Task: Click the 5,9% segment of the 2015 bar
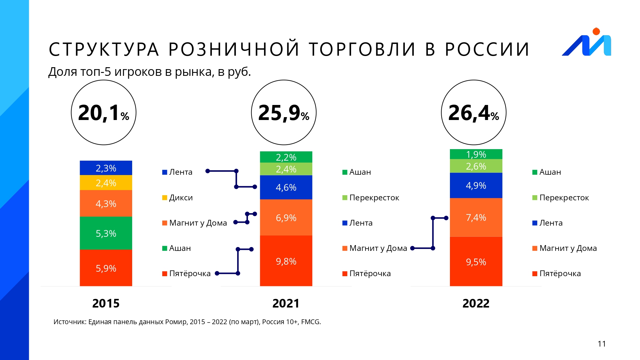pos(106,268)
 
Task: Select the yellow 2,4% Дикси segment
pos(106,183)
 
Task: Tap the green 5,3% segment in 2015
pos(106,233)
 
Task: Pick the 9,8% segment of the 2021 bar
pos(286,261)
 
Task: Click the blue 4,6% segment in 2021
pos(286,187)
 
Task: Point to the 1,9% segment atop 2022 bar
pos(476,154)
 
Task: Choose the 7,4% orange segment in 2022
pos(476,218)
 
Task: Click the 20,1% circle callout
pos(104,113)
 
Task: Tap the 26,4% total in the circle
pos(474,113)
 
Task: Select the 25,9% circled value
pos(284,113)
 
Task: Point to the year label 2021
pos(286,303)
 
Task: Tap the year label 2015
pos(106,303)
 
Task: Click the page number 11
pos(602,344)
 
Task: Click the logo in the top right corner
pos(587,43)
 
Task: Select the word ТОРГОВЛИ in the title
pos(362,50)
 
